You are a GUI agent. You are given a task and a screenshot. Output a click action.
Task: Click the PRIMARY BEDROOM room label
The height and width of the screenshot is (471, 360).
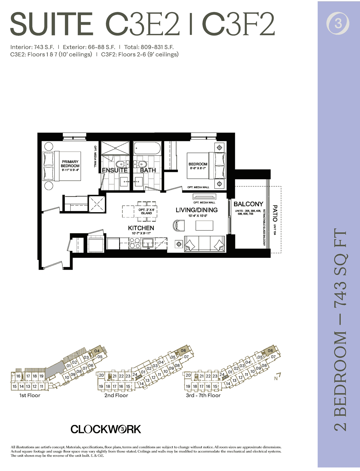70,164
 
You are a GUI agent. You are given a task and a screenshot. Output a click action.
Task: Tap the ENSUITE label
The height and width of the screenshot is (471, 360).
115,170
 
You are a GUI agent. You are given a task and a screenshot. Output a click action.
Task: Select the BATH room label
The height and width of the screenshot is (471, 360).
148,170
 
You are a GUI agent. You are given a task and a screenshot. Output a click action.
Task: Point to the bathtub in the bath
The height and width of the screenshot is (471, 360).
147,148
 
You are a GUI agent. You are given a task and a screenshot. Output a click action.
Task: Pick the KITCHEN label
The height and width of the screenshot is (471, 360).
141,228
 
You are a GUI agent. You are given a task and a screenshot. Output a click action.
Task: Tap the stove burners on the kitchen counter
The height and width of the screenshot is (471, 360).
135,243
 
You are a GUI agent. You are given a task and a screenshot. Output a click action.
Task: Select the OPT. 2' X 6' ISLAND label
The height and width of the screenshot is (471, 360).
146,211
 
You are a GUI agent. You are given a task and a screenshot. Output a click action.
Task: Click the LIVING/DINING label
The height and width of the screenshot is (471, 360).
196,210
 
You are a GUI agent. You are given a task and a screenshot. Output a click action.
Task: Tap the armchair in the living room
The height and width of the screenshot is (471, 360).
179,225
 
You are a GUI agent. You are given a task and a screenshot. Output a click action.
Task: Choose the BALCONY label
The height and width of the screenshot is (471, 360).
248,204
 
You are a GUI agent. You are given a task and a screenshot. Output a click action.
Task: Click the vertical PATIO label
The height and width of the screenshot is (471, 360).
275,213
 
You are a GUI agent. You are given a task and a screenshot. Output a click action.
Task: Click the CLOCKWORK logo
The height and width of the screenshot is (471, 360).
106,429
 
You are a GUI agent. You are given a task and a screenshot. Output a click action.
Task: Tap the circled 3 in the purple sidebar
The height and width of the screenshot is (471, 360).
338,23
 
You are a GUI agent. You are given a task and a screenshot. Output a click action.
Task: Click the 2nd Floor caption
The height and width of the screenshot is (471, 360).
116,395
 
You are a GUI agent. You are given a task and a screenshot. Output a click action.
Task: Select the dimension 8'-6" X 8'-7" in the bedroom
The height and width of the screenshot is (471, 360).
198,168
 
